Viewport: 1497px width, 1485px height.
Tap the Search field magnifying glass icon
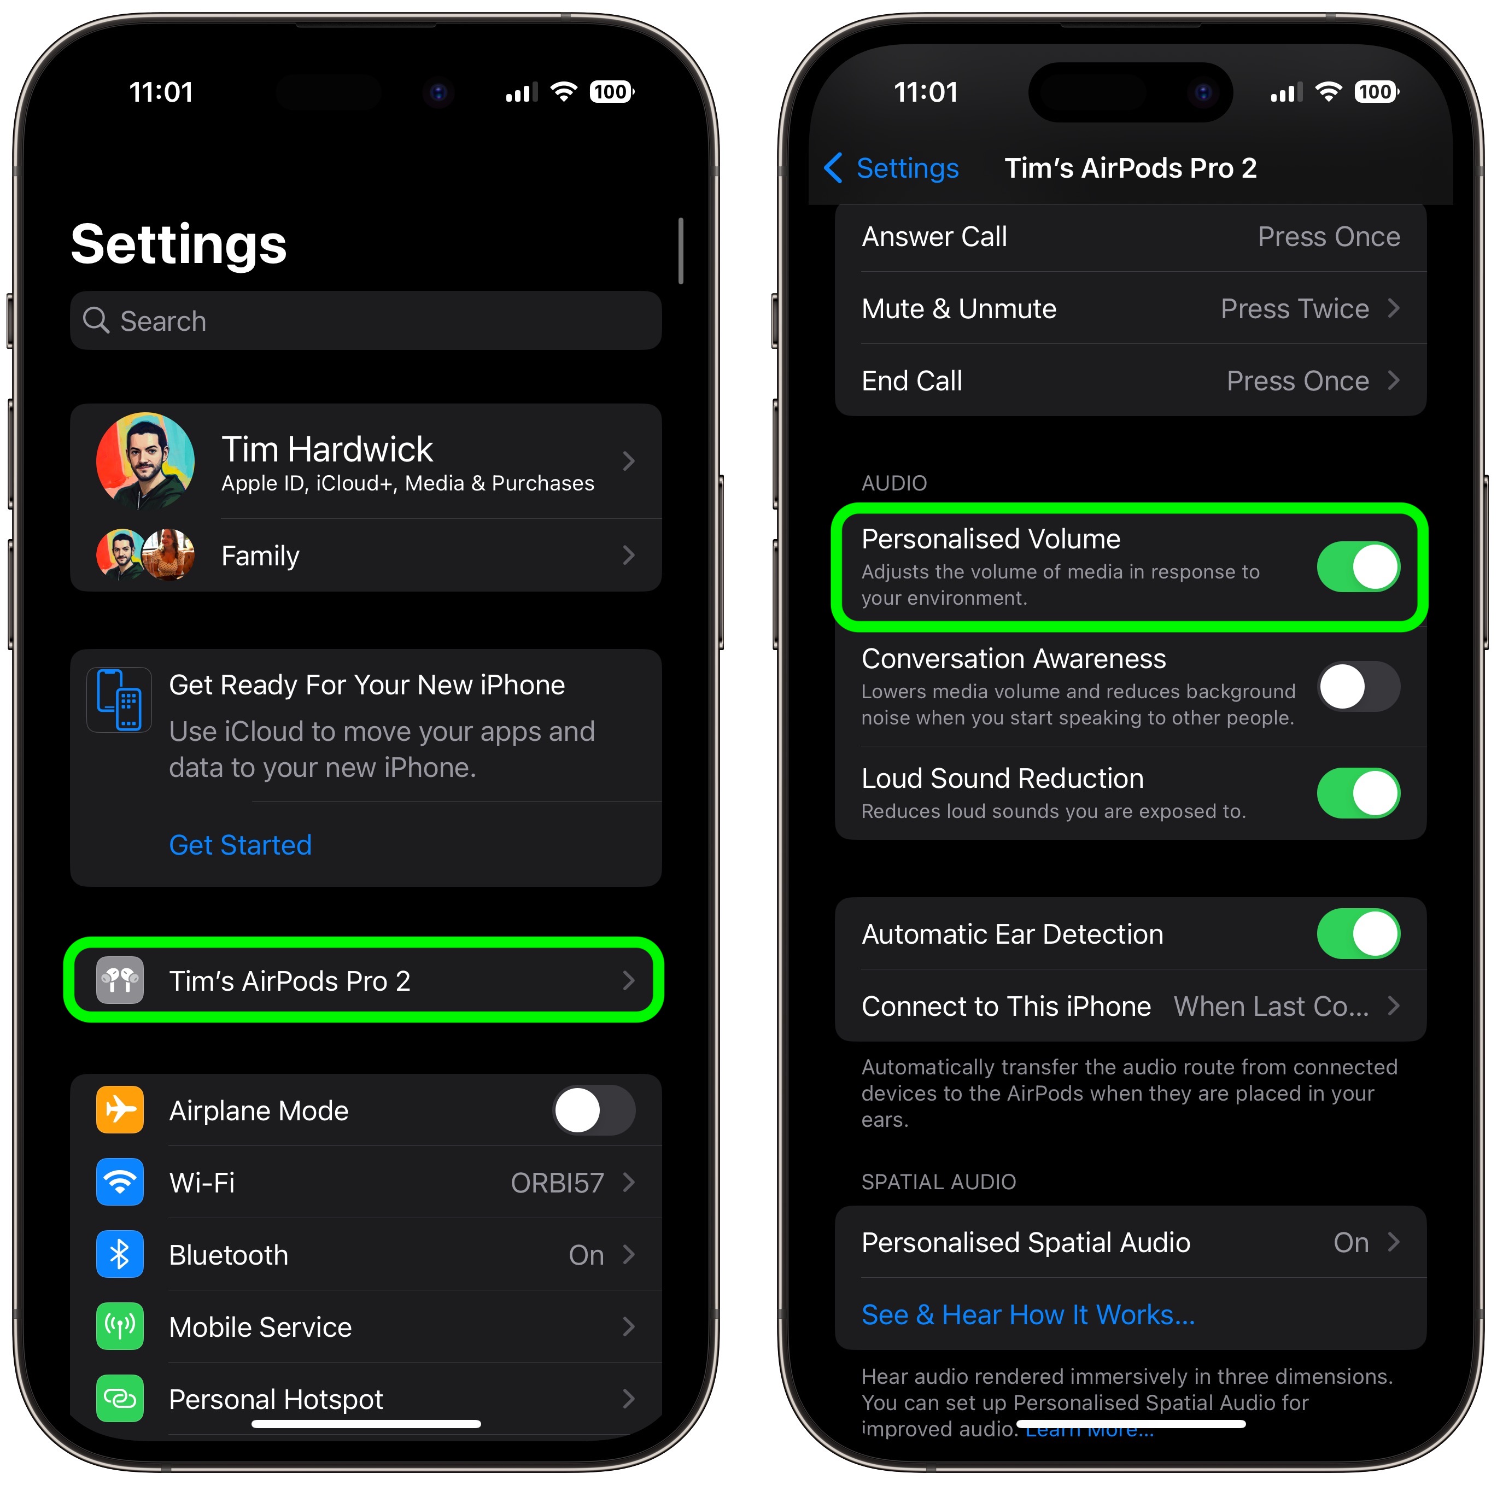tap(96, 320)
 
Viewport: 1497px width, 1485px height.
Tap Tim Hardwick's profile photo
tap(145, 460)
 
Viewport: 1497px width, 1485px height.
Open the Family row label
tap(260, 556)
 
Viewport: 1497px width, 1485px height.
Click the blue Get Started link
tap(240, 844)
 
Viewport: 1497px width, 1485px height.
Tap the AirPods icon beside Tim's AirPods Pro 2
tap(120, 980)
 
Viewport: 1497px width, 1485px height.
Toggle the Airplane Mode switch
tap(594, 1110)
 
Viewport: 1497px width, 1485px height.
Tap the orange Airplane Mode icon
tap(120, 1110)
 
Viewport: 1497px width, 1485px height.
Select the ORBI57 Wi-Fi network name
tap(557, 1183)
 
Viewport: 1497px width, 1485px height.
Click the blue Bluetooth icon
tap(120, 1254)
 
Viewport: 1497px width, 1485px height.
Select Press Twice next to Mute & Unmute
tap(1295, 308)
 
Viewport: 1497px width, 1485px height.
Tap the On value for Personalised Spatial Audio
tap(1350, 1242)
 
